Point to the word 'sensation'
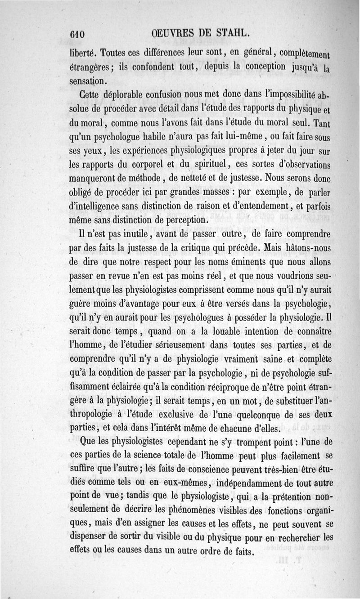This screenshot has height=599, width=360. coord(88,81)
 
